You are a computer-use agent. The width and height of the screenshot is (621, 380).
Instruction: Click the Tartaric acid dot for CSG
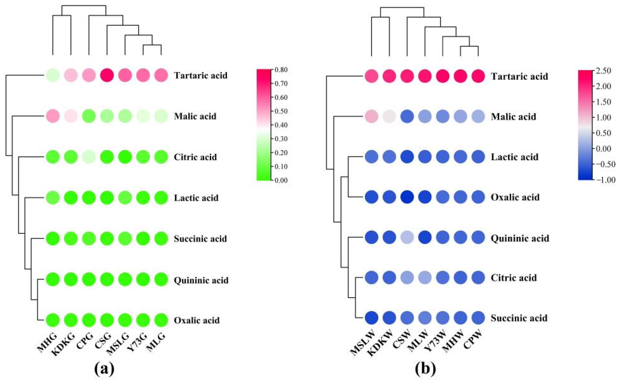click(x=107, y=75)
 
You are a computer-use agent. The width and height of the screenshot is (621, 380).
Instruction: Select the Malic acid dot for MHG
click(x=53, y=116)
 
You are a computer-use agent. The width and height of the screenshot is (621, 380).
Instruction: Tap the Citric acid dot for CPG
click(x=89, y=157)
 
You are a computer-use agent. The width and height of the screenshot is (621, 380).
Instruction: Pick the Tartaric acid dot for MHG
click(x=53, y=75)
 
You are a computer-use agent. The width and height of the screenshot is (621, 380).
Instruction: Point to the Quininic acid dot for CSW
click(x=407, y=237)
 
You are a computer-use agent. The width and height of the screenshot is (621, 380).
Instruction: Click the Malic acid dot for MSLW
click(x=371, y=117)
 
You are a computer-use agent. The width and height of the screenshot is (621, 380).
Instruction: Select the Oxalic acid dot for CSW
click(x=407, y=197)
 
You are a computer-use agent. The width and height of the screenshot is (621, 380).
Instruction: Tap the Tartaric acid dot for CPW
click(x=478, y=76)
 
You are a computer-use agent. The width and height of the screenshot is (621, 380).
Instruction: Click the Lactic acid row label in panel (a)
click(x=196, y=198)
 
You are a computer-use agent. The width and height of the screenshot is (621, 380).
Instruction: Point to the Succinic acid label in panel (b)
click(x=519, y=318)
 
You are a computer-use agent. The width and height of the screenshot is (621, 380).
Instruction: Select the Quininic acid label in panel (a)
click(x=201, y=280)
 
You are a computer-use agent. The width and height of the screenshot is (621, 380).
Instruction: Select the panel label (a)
click(x=104, y=369)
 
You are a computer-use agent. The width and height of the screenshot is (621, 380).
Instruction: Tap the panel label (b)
click(x=425, y=369)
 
